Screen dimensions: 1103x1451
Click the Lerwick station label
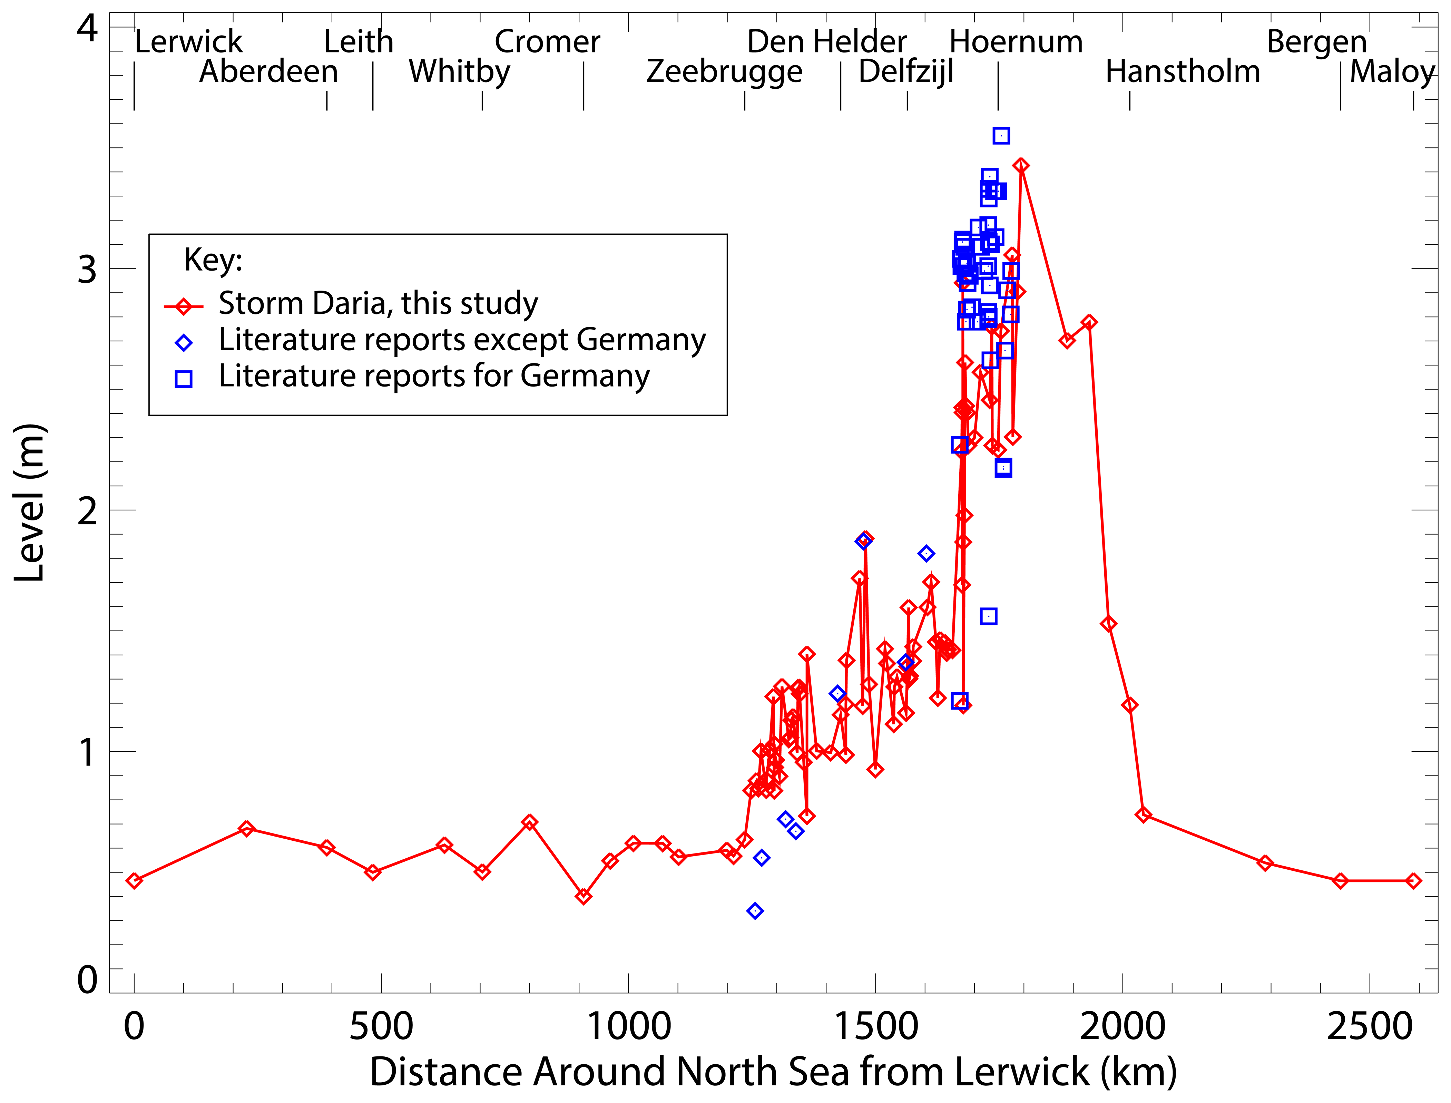click(x=188, y=42)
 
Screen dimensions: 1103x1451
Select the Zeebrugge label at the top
click(x=724, y=71)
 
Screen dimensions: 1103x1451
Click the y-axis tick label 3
click(x=87, y=269)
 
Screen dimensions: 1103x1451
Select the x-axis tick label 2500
click(x=1370, y=1026)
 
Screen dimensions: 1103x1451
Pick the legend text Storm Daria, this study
click(x=378, y=303)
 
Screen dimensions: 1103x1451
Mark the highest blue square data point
click(x=1001, y=136)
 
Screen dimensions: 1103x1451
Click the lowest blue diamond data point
click(x=755, y=911)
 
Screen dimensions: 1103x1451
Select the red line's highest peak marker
click(x=1020, y=165)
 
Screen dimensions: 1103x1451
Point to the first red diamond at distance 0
click(x=134, y=880)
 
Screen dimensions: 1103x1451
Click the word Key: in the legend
click(x=213, y=260)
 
